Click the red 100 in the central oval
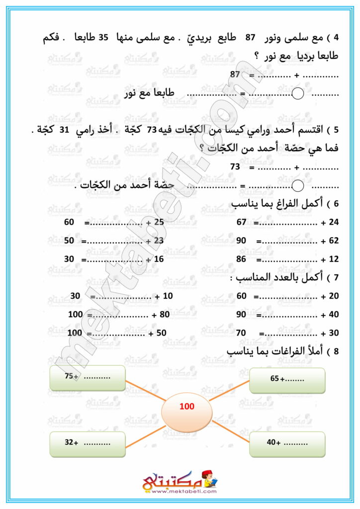187,407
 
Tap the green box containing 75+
88,378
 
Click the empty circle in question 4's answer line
297,93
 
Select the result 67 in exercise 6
242,223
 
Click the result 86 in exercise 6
242,259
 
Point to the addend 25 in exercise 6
159,223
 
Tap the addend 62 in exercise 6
333,241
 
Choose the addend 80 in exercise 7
164,315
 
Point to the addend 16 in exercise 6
159,259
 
